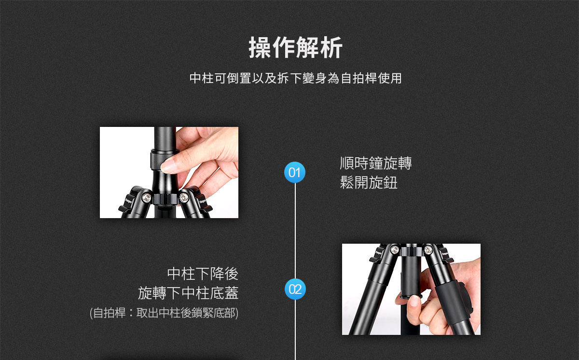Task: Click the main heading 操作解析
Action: tap(295, 48)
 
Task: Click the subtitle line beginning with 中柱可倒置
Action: tap(295, 78)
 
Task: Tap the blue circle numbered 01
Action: tap(295, 172)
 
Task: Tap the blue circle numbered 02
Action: tap(295, 289)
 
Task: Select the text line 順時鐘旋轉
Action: tap(376, 163)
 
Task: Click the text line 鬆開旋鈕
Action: tap(369, 182)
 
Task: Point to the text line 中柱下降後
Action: tap(203, 274)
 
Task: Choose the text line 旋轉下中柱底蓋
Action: tap(188, 293)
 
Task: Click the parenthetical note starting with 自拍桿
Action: tap(164, 313)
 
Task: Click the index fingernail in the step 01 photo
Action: tap(167, 166)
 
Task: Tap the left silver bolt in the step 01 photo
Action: tap(146, 198)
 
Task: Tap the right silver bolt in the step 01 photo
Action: tap(184, 198)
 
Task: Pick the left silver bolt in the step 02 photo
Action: tap(395, 249)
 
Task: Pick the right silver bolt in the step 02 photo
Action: tap(428, 249)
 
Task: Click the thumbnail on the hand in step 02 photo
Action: tap(415, 301)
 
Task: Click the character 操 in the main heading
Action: tap(260, 48)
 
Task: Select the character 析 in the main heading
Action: tap(331, 48)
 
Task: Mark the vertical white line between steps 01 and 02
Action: tap(295, 231)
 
